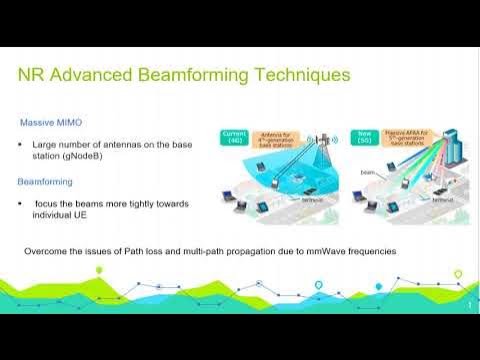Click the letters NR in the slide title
point(34,75)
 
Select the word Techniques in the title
point(305,75)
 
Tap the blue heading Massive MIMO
point(51,122)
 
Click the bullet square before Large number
point(22,146)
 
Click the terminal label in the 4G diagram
point(315,199)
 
